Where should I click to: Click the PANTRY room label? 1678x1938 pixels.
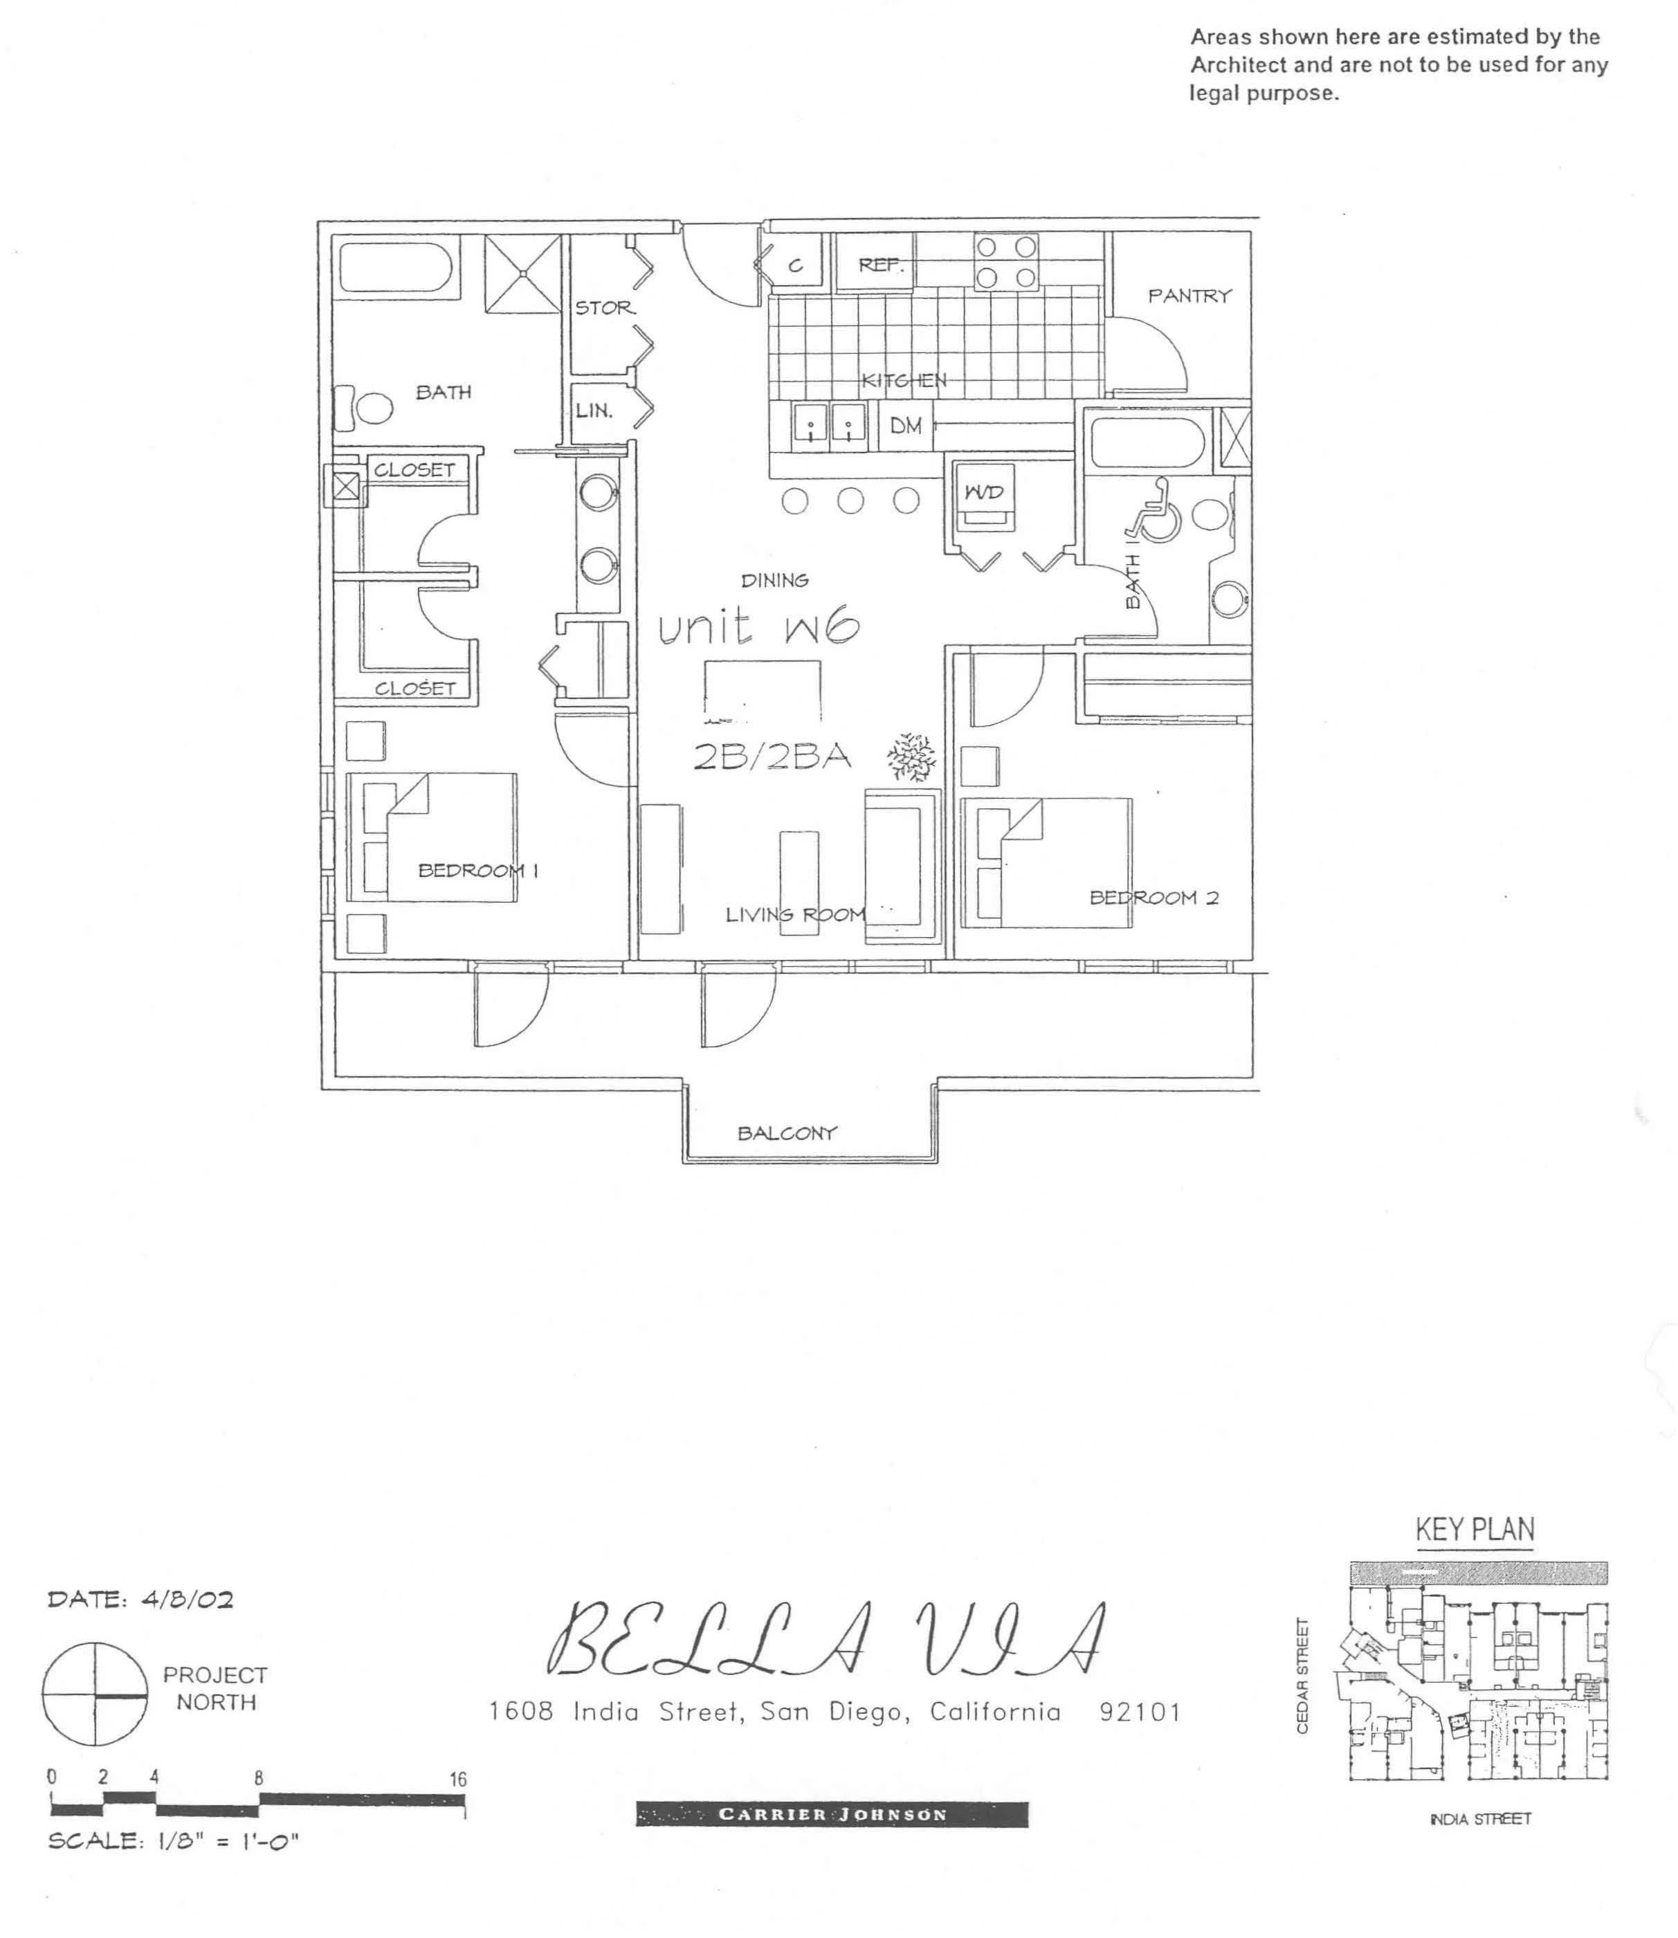coord(1189,296)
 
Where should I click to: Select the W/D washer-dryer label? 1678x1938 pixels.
coord(984,491)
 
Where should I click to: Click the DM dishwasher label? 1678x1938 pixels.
coord(906,426)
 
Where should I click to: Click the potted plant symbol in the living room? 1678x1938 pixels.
coord(911,757)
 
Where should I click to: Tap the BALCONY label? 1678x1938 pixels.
coord(787,1134)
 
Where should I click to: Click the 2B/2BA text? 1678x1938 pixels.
coord(772,756)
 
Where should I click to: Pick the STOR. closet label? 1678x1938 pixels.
coord(605,307)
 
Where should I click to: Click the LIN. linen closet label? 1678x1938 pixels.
coord(594,410)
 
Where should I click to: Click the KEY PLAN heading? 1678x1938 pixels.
coord(1475,1530)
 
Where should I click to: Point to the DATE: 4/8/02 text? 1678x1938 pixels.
coord(140,1599)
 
